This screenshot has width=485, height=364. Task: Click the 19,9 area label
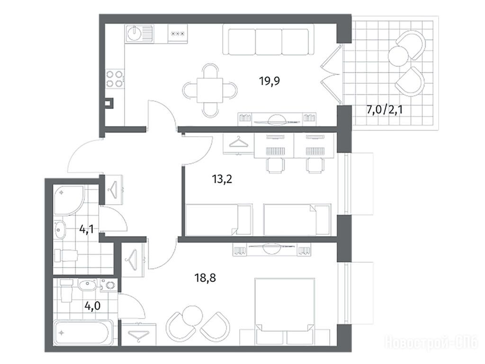pyautogui.click(x=269, y=81)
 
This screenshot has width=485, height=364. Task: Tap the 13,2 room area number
pyautogui.click(x=222, y=179)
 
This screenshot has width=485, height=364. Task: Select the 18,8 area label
pyautogui.click(x=206, y=278)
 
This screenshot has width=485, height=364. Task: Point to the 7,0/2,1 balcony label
pyautogui.click(x=385, y=109)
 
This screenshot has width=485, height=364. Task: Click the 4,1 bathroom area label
pyautogui.click(x=87, y=230)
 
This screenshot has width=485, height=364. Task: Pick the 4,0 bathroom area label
pyautogui.click(x=92, y=306)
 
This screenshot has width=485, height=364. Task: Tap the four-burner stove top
pyautogui.click(x=114, y=79)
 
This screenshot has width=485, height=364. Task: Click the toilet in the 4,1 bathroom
pyautogui.click(x=65, y=255)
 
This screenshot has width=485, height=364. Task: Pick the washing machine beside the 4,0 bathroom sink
pyautogui.click(x=108, y=284)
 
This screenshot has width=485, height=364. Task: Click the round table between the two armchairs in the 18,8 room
pyautogui.click(x=192, y=315)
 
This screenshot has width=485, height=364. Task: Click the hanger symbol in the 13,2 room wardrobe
pyautogui.click(x=239, y=143)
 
